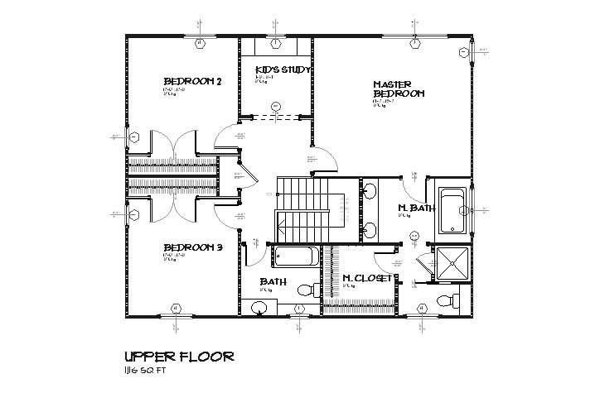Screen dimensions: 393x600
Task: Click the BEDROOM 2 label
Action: point(192,81)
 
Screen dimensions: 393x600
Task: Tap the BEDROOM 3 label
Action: point(192,247)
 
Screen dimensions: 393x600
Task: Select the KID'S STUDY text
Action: point(282,70)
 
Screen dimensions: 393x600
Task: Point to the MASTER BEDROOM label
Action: point(399,89)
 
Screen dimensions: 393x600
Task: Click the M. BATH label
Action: point(416,208)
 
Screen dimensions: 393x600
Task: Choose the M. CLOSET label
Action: point(366,278)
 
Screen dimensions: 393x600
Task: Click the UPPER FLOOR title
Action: point(177,357)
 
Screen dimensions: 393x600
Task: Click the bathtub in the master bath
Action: point(452,211)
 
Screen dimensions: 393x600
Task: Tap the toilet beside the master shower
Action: point(447,300)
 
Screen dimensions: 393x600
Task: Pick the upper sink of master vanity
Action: point(370,192)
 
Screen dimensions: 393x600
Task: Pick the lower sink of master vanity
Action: point(370,228)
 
